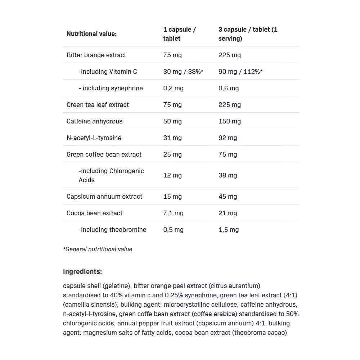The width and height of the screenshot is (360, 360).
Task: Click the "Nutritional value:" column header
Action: click(x=91, y=34)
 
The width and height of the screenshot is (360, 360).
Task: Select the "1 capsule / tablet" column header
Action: click(x=179, y=34)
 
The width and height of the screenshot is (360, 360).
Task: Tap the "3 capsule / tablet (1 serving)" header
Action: click(x=248, y=34)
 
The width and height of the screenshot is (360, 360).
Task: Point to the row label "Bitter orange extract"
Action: click(x=96, y=55)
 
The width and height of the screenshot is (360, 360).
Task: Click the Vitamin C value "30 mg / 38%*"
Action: click(x=183, y=72)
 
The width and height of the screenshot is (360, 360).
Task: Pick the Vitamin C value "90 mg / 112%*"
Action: click(x=240, y=72)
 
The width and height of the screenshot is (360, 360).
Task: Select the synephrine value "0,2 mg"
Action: click(x=173, y=88)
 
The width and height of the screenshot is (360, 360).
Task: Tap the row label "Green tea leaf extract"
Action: click(x=98, y=105)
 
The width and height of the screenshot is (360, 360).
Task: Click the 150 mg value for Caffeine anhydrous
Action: click(x=229, y=121)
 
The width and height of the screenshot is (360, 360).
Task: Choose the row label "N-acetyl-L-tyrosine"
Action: click(x=94, y=138)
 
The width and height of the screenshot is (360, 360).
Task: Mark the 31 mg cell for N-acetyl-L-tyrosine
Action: click(x=172, y=138)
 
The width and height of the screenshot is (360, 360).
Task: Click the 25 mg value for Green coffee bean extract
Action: click(x=172, y=154)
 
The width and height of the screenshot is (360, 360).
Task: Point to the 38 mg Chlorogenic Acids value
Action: click(x=228, y=175)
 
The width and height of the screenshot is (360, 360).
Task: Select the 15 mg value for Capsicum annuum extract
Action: click(x=172, y=197)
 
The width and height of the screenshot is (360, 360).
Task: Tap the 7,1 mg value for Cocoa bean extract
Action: click(x=173, y=213)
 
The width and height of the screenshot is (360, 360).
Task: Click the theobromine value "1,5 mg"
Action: click(x=229, y=230)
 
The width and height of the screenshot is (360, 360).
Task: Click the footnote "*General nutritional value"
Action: click(x=98, y=249)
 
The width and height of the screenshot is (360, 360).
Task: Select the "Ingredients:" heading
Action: click(x=82, y=271)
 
